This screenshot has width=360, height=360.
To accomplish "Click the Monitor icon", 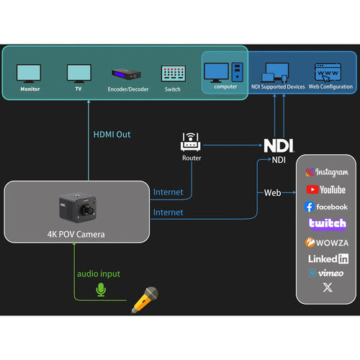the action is coord(29,73).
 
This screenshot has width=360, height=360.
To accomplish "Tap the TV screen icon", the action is coord(79,73).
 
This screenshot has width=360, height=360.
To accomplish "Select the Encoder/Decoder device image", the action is coord(127,74).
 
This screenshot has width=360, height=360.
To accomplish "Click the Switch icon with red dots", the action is coord(174,73).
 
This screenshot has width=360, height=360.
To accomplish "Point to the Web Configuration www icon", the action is coord(328,72).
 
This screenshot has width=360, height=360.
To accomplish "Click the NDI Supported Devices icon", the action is coord(275,73).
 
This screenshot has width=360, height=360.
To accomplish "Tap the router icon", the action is coord(191,142).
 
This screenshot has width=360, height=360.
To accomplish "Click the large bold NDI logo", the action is coord(279,145).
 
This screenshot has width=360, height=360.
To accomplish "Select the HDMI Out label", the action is coord(112,135).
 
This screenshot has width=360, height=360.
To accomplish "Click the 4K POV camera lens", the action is coord(87,210).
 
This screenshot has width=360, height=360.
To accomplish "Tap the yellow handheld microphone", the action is coord(145,300).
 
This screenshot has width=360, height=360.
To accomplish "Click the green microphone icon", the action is coord(101,289).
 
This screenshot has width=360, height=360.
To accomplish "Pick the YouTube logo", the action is coord(326,189).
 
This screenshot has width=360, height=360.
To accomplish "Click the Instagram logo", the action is coord(327,172).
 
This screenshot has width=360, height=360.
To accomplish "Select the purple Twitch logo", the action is coord(328,224).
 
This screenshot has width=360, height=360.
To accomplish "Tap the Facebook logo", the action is coord(325,207).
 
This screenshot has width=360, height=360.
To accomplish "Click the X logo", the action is coord(328,287).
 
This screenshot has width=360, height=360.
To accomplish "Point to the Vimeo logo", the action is coord(325,273).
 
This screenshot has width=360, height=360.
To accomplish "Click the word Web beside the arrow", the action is coord(272,193).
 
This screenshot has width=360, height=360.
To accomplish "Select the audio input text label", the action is coord(99,274).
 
